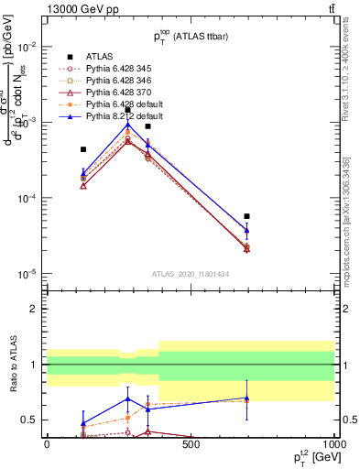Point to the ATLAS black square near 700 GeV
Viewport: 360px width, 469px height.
pyautogui.click(x=247, y=217)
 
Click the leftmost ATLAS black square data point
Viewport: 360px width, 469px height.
pyautogui.click(x=83, y=149)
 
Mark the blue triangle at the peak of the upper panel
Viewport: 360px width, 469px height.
pyautogui.click(x=128, y=124)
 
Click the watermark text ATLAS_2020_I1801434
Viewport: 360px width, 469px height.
pyautogui.click(x=191, y=274)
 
